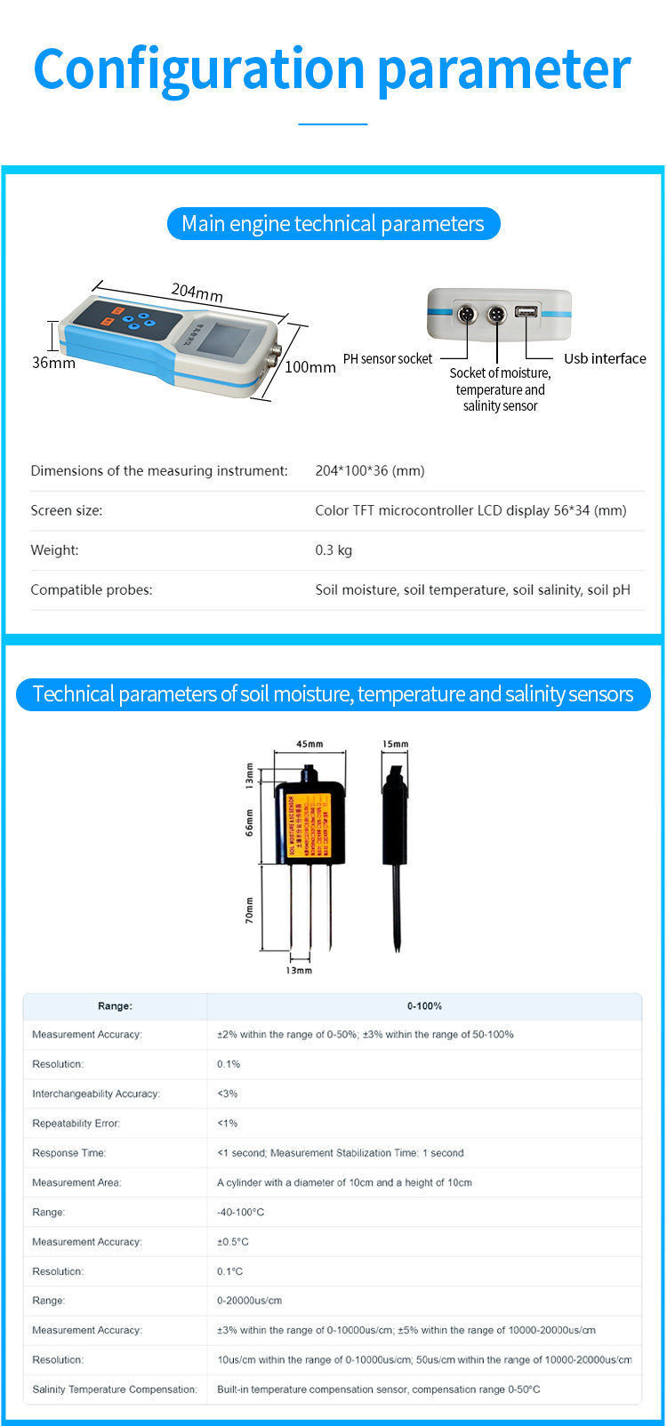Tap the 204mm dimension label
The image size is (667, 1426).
(x=197, y=292)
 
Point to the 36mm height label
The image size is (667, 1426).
(x=53, y=363)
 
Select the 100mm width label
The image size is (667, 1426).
(x=309, y=366)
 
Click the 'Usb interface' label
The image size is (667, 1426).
(x=605, y=358)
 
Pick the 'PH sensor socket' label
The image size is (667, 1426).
(x=388, y=358)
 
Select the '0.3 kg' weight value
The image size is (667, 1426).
(x=333, y=550)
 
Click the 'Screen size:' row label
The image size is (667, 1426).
(x=67, y=510)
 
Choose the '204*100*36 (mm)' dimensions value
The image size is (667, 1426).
(x=370, y=470)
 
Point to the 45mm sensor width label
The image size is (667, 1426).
(x=309, y=744)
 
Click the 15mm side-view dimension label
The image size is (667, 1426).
(x=395, y=744)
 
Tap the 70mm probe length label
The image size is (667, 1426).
(x=250, y=909)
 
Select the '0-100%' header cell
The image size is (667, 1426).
(x=424, y=1006)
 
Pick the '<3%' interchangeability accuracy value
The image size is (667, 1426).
(x=228, y=1094)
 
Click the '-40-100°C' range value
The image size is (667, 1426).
(x=240, y=1212)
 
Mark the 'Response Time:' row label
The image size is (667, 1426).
(x=68, y=1153)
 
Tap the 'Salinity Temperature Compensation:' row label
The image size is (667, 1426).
(x=115, y=1390)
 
